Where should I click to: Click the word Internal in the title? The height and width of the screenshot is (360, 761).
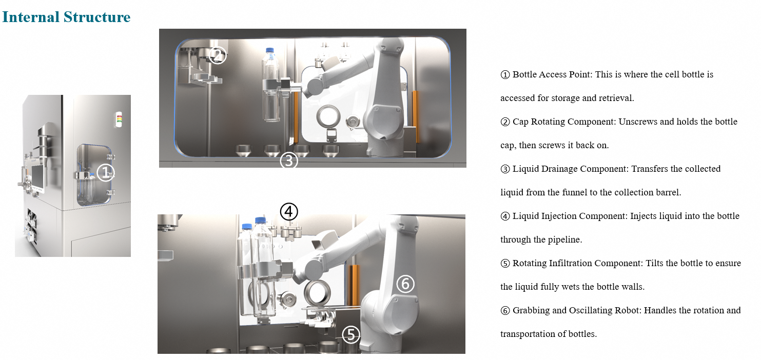coord(31,17)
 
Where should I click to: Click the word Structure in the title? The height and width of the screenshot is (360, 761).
coord(97,17)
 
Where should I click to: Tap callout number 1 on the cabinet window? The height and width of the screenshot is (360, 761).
coord(106,172)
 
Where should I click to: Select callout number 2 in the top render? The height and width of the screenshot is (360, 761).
coord(218,55)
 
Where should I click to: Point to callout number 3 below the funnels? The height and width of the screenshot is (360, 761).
coord(289,161)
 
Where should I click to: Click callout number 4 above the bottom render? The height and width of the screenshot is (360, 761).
coord(289,212)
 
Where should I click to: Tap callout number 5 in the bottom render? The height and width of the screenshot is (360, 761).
coord(351,334)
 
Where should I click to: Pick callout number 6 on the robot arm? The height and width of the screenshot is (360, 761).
coord(405,284)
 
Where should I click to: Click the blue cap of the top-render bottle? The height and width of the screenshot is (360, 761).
coord(270,50)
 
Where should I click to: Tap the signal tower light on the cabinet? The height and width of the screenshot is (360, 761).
coord(119,119)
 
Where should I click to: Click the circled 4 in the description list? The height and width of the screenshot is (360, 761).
coord(505,216)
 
